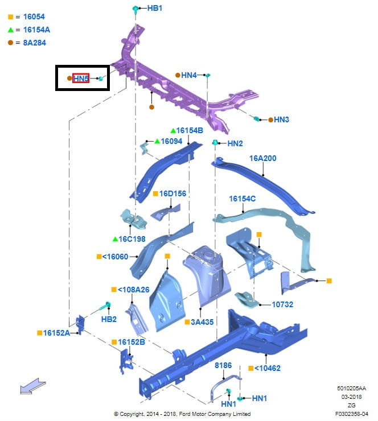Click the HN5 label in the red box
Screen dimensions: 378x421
click(x=81, y=78)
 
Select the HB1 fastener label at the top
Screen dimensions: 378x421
click(x=155, y=8)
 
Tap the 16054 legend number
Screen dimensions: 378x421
click(x=34, y=16)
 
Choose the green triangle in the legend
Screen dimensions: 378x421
click(x=11, y=30)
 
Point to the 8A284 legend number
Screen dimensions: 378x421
click(x=34, y=43)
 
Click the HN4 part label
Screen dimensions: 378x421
click(x=189, y=75)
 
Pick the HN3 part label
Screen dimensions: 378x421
click(x=281, y=119)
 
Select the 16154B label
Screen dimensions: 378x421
click(x=190, y=130)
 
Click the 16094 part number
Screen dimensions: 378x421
click(x=171, y=141)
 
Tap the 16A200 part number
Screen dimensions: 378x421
click(x=263, y=158)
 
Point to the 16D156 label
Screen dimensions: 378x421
click(x=172, y=193)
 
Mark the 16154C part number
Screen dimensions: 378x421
click(x=243, y=199)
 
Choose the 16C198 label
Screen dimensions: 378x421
click(x=132, y=239)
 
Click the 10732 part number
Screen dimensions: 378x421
click(x=282, y=304)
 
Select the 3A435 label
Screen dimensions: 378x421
click(x=202, y=322)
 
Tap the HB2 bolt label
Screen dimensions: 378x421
click(x=109, y=319)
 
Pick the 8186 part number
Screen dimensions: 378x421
click(x=223, y=365)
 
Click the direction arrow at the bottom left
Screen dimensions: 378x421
click(x=33, y=386)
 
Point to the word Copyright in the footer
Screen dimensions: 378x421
click(x=132, y=414)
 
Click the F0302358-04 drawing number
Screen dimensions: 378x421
click(x=351, y=414)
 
